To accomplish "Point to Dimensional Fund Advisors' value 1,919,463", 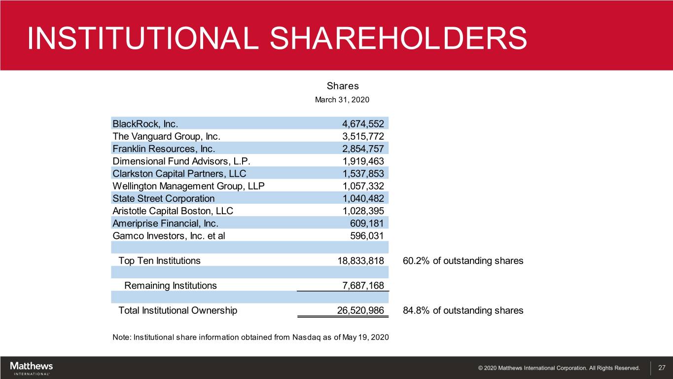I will point(363,161).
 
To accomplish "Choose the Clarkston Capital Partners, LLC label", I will point(179,173).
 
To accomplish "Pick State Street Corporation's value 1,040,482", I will point(363,198).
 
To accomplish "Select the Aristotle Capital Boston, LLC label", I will point(173,211).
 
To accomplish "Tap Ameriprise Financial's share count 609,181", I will point(366,223).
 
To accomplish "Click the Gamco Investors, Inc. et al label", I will point(169,236).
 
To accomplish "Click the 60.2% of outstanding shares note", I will point(463,261).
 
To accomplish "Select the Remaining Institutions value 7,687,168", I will point(363,285).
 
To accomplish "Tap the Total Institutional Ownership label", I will point(177,310).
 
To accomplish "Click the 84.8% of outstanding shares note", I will point(463,310).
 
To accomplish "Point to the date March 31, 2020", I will point(342,100).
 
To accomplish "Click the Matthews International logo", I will point(32,368).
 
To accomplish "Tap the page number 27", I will point(662,368).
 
